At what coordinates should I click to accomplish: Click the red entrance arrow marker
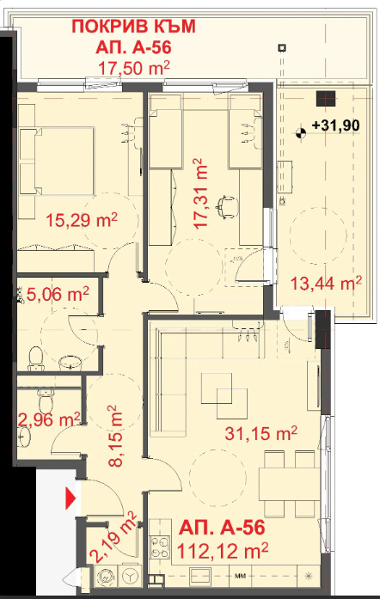[x=70, y=498]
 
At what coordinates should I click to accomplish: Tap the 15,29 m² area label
[x=82, y=220]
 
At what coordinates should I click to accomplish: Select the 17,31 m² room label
[x=200, y=193]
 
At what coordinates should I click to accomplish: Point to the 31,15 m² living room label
[x=261, y=433]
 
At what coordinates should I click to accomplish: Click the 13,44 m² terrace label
[x=326, y=283]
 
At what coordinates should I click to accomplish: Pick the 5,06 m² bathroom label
[x=58, y=294]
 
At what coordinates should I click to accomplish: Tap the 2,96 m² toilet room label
[x=49, y=419]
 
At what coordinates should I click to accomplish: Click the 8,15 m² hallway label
[x=115, y=436]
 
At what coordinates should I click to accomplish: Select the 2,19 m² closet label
[x=113, y=538]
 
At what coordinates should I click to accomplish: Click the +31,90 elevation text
[x=336, y=125]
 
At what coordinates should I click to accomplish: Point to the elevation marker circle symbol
[x=301, y=133]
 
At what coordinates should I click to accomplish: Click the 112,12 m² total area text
[x=224, y=551]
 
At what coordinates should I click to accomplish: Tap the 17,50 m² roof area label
[x=134, y=69]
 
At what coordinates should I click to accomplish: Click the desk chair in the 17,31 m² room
[x=226, y=206]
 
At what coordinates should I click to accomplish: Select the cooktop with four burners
[x=160, y=547]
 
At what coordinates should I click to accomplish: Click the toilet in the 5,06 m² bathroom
[x=35, y=358]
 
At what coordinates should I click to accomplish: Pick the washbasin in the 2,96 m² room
[x=23, y=436]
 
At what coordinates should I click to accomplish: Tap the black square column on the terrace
[x=326, y=99]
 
